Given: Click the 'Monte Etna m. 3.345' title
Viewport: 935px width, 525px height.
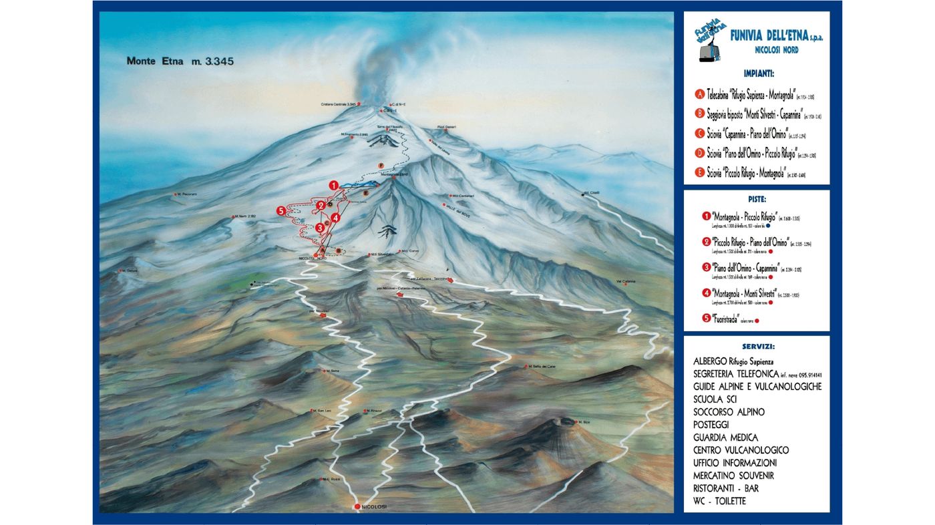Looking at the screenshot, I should pyautogui.click(x=180, y=61).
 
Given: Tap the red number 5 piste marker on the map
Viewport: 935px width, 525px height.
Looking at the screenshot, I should pyautogui.click(x=281, y=211).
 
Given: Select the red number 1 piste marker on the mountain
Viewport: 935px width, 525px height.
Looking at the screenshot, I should pyautogui.click(x=333, y=185).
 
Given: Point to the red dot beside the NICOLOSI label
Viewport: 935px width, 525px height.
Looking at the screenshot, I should pyautogui.click(x=358, y=506).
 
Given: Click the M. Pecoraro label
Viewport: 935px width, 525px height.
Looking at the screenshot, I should pyautogui.click(x=188, y=194).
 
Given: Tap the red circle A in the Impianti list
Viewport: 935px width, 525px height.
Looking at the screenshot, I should pyautogui.click(x=700, y=95).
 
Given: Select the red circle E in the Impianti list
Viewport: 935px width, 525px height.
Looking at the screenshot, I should pyautogui.click(x=700, y=172).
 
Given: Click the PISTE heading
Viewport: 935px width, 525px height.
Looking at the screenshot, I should pyautogui.click(x=757, y=199).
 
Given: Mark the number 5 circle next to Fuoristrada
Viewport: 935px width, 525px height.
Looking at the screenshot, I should pyautogui.click(x=707, y=319).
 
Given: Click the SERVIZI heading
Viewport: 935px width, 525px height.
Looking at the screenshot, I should pyautogui.click(x=757, y=347).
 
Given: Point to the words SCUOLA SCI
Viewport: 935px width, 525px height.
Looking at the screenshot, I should pyautogui.click(x=715, y=399).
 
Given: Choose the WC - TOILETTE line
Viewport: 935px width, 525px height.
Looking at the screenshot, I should pyautogui.click(x=719, y=501).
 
